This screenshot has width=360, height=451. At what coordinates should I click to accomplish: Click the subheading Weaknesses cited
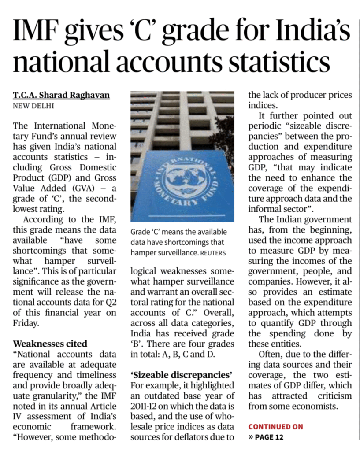50,343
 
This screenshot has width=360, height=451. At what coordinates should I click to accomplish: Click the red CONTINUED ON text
275,426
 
